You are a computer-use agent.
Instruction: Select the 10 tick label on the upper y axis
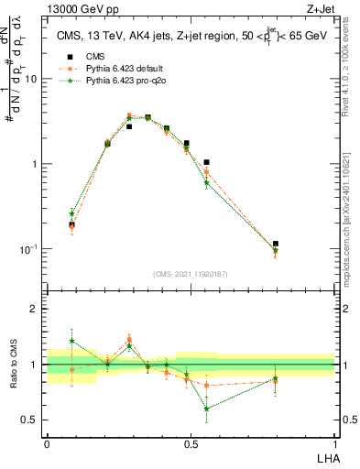click(x=30, y=79)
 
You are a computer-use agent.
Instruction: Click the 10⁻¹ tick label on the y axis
click(x=27, y=249)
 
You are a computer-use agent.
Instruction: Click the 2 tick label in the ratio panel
click(x=34, y=310)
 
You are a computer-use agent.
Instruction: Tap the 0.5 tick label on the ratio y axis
click(x=29, y=420)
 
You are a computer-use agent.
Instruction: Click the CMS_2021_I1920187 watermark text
click(x=191, y=273)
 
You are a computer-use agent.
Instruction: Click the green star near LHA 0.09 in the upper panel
click(x=72, y=213)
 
